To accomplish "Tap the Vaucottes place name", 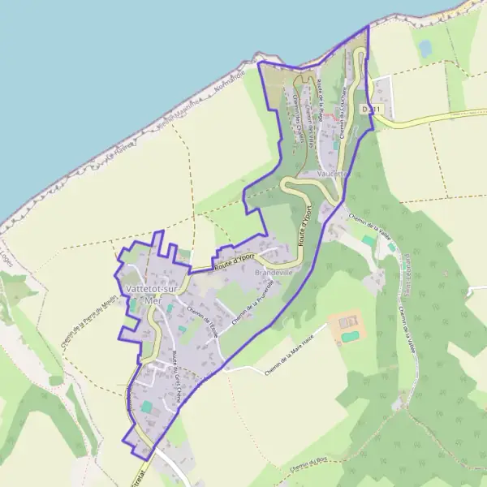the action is pos(334,174).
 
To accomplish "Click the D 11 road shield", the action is pos(371,108).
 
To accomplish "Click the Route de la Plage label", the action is pos(322,101).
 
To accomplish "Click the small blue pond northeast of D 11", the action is pos(425,49).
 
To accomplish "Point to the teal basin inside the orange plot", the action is pos(350,335).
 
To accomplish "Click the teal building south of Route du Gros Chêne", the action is pos(146,406).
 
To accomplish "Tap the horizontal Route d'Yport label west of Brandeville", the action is pos(234,261).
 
